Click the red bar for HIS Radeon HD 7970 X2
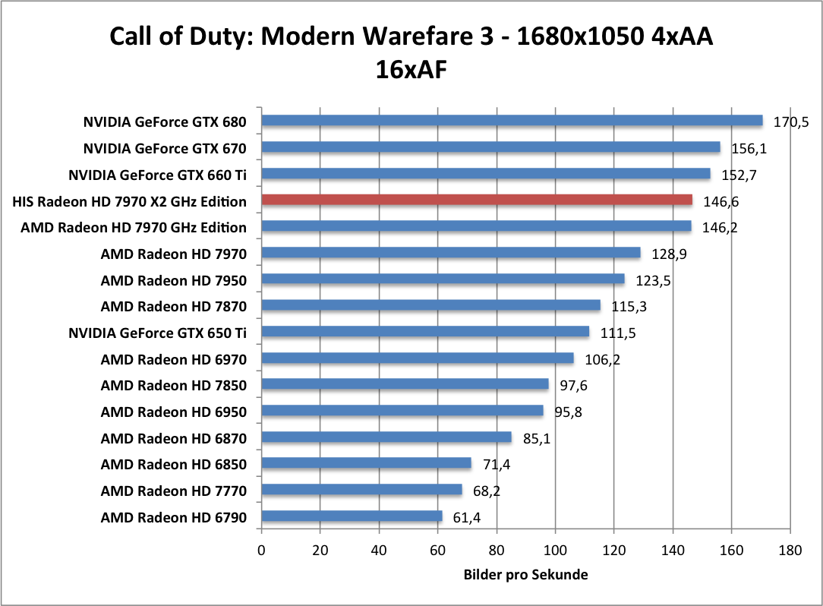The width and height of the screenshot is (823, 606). (x=477, y=200)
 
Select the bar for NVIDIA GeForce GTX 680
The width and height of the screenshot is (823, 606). (x=512, y=121)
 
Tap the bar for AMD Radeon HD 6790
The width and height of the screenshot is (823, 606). (x=352, y=517)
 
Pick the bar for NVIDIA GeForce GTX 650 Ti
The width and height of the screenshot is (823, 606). (x=425, y=332)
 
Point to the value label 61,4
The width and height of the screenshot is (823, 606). (x=466, y=518)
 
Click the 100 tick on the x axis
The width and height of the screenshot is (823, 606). (x=555, y=549)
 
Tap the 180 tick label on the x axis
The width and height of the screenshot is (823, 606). (x=790, y=549)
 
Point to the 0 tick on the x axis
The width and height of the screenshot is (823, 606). (x=261, y=549)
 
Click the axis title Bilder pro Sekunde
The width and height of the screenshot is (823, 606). (x=525, y=575)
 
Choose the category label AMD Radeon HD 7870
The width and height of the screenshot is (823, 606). (x=174, y=306)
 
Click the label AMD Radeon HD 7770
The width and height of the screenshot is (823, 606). (x=174, y=491)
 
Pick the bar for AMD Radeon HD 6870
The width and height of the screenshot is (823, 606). (x=386, y=437)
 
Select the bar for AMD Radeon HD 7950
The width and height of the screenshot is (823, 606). (x=443, y=279)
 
